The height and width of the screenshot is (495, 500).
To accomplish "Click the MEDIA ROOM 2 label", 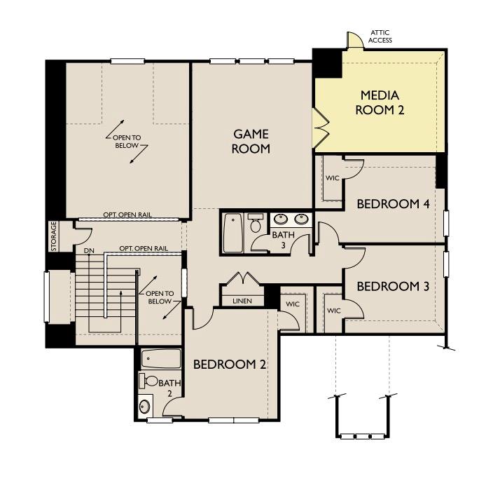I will pos(379,102).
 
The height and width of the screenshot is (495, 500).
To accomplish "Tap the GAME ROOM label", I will pos(251,141).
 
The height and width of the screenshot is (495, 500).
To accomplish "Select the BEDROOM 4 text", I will pos(393,204).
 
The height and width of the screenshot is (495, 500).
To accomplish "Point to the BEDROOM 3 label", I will pos(393,286).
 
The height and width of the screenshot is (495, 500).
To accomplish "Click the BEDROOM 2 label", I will pos(230,365).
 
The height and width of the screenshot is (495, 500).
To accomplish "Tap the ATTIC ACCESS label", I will pos(380,36).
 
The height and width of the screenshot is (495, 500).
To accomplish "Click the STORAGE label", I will pos(53,237).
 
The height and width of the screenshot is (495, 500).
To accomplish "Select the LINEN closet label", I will pos(242,301).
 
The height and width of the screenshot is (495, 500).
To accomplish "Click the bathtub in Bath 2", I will pos(160,360).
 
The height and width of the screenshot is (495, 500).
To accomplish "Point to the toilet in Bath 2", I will pos(149,381).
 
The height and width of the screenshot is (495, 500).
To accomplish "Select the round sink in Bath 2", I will pos(145,405).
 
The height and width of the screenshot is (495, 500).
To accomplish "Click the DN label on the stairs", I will pos(89,250).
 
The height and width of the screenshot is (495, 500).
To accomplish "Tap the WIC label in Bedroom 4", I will pos(333,178).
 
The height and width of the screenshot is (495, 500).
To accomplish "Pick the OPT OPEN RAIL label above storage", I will pos(127,215).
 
